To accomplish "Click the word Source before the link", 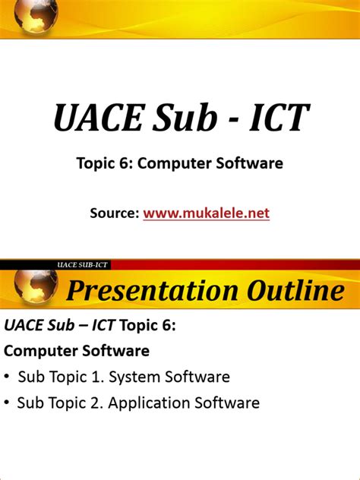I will coord(114,213).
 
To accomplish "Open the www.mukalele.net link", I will coord(207,213).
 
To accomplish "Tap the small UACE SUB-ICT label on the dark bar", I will coord(83,264).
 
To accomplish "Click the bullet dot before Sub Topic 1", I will coord(8,377).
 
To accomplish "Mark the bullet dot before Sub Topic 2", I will coord(8,403).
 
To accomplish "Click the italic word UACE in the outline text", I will coord(24,326).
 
